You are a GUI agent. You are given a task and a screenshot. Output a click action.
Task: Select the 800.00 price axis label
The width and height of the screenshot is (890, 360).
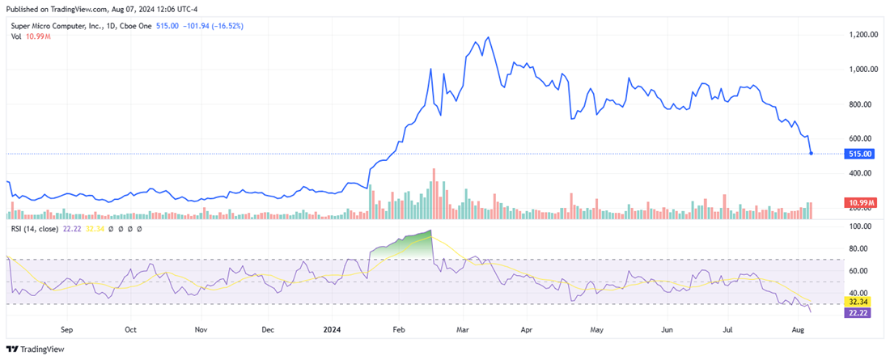point(863,104)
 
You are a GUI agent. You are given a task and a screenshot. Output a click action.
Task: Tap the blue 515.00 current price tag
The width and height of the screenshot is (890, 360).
point(861,154)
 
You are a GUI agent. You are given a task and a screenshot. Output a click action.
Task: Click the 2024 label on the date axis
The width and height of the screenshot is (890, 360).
point(331,330)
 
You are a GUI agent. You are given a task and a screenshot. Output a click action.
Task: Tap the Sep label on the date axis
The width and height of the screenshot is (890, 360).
point(67,330)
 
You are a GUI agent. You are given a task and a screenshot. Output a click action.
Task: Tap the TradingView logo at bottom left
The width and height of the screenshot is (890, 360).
point(34,349)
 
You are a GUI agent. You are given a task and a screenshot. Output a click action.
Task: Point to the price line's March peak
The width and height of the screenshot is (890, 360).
point(487,37)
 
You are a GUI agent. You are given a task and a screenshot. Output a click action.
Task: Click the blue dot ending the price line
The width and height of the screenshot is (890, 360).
point(811,153)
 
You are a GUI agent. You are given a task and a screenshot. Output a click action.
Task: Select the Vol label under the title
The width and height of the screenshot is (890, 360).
point(16,38)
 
